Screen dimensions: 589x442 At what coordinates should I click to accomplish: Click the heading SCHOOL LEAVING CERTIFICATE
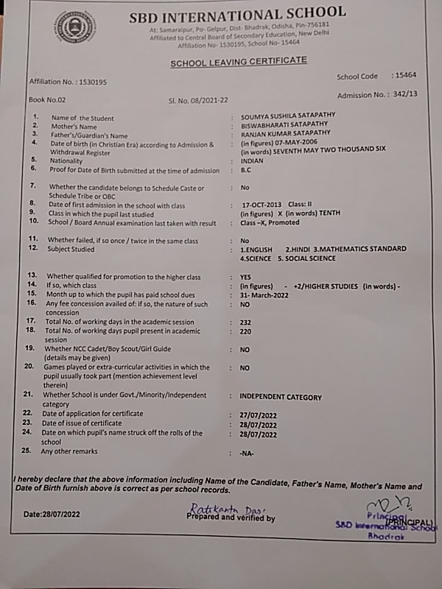(239, 62)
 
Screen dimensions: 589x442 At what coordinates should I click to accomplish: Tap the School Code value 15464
(406, 76)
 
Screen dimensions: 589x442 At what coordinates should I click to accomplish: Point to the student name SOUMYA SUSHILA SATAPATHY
(287, 118)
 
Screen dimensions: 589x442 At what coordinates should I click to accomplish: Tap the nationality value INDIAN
(253, 161)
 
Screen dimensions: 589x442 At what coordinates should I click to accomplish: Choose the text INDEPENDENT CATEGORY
(281, 398)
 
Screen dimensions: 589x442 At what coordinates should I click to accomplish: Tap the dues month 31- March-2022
(265, 295)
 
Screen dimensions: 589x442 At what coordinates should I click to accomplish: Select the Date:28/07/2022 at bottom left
(52, 512)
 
